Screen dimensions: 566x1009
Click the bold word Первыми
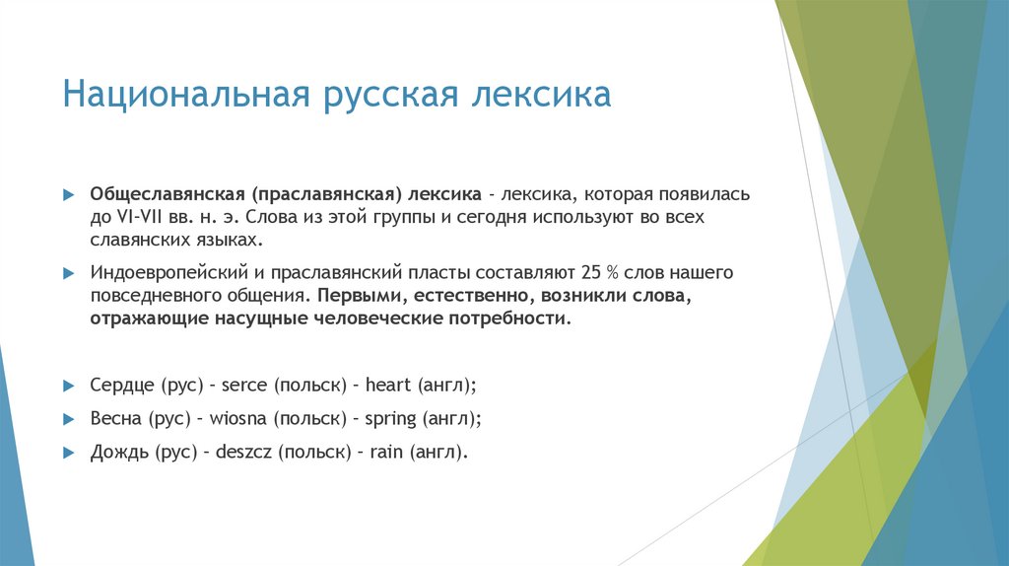(353, 295)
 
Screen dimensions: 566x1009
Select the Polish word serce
(245, 384)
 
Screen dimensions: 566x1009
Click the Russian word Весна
(116, 418)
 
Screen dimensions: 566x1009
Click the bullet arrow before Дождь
(68, 453)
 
